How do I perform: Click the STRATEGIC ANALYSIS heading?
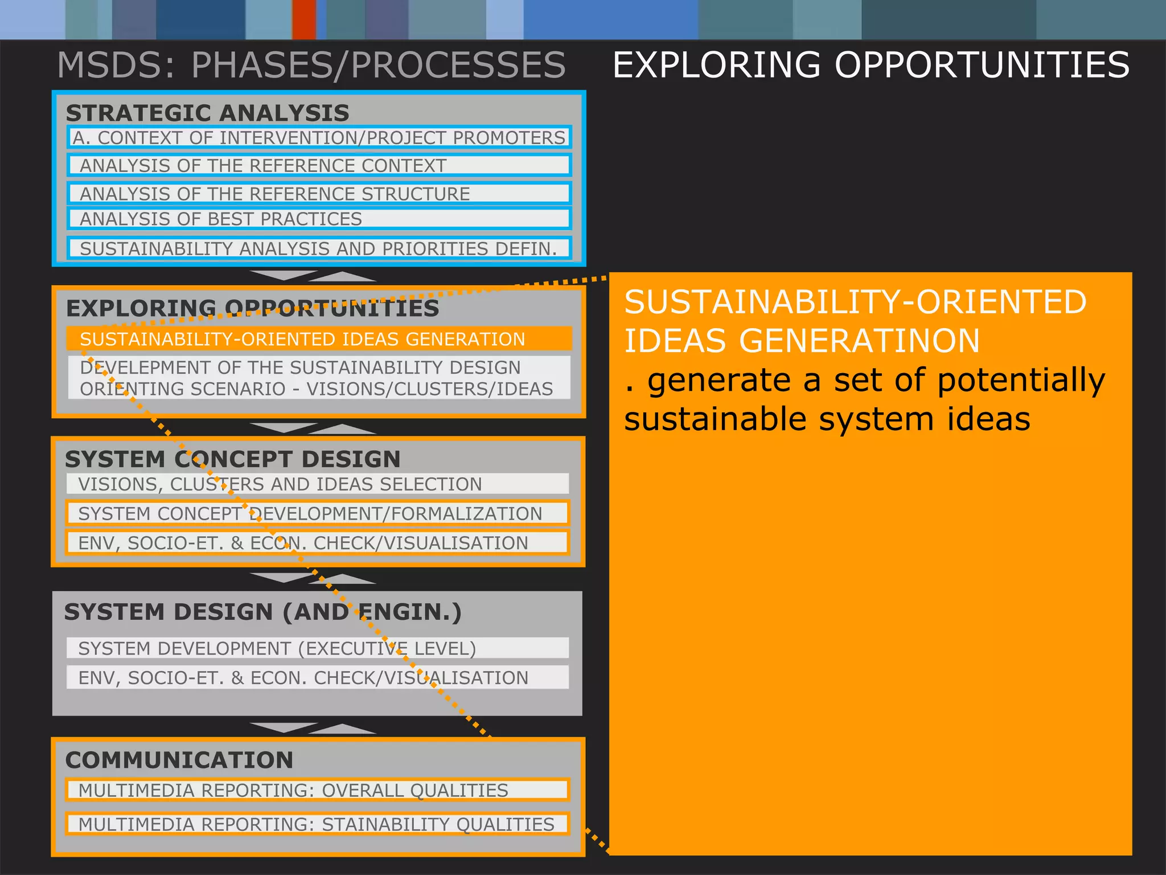pos(207,113)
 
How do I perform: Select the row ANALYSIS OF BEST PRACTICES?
pos(319,219)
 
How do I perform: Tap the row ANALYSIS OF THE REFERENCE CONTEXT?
pos(319,165)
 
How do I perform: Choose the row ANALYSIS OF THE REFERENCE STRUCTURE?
pos(319,194)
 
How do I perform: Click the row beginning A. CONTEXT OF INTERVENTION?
pos(319,138)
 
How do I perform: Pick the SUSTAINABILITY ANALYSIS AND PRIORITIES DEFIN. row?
pos(319,248)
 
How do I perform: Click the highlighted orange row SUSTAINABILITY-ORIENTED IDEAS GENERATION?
pos(319,339)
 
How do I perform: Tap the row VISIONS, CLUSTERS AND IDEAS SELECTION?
pos(318,484)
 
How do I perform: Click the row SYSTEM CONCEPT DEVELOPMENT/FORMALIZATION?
pos(318,513)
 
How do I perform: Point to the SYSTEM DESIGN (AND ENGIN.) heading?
pos(262,612)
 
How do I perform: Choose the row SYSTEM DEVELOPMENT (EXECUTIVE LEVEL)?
pos(318,648)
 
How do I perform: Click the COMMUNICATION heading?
pos(179,760)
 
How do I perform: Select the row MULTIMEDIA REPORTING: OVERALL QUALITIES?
pos(318,790)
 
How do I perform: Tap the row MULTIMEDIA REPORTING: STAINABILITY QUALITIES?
pos(318,824)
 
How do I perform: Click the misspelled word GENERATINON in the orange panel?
pos(859,341)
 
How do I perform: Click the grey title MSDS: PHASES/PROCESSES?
pos(311,65)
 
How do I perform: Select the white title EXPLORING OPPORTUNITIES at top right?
pos(871,65)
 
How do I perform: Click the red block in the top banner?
pos(304,19)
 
